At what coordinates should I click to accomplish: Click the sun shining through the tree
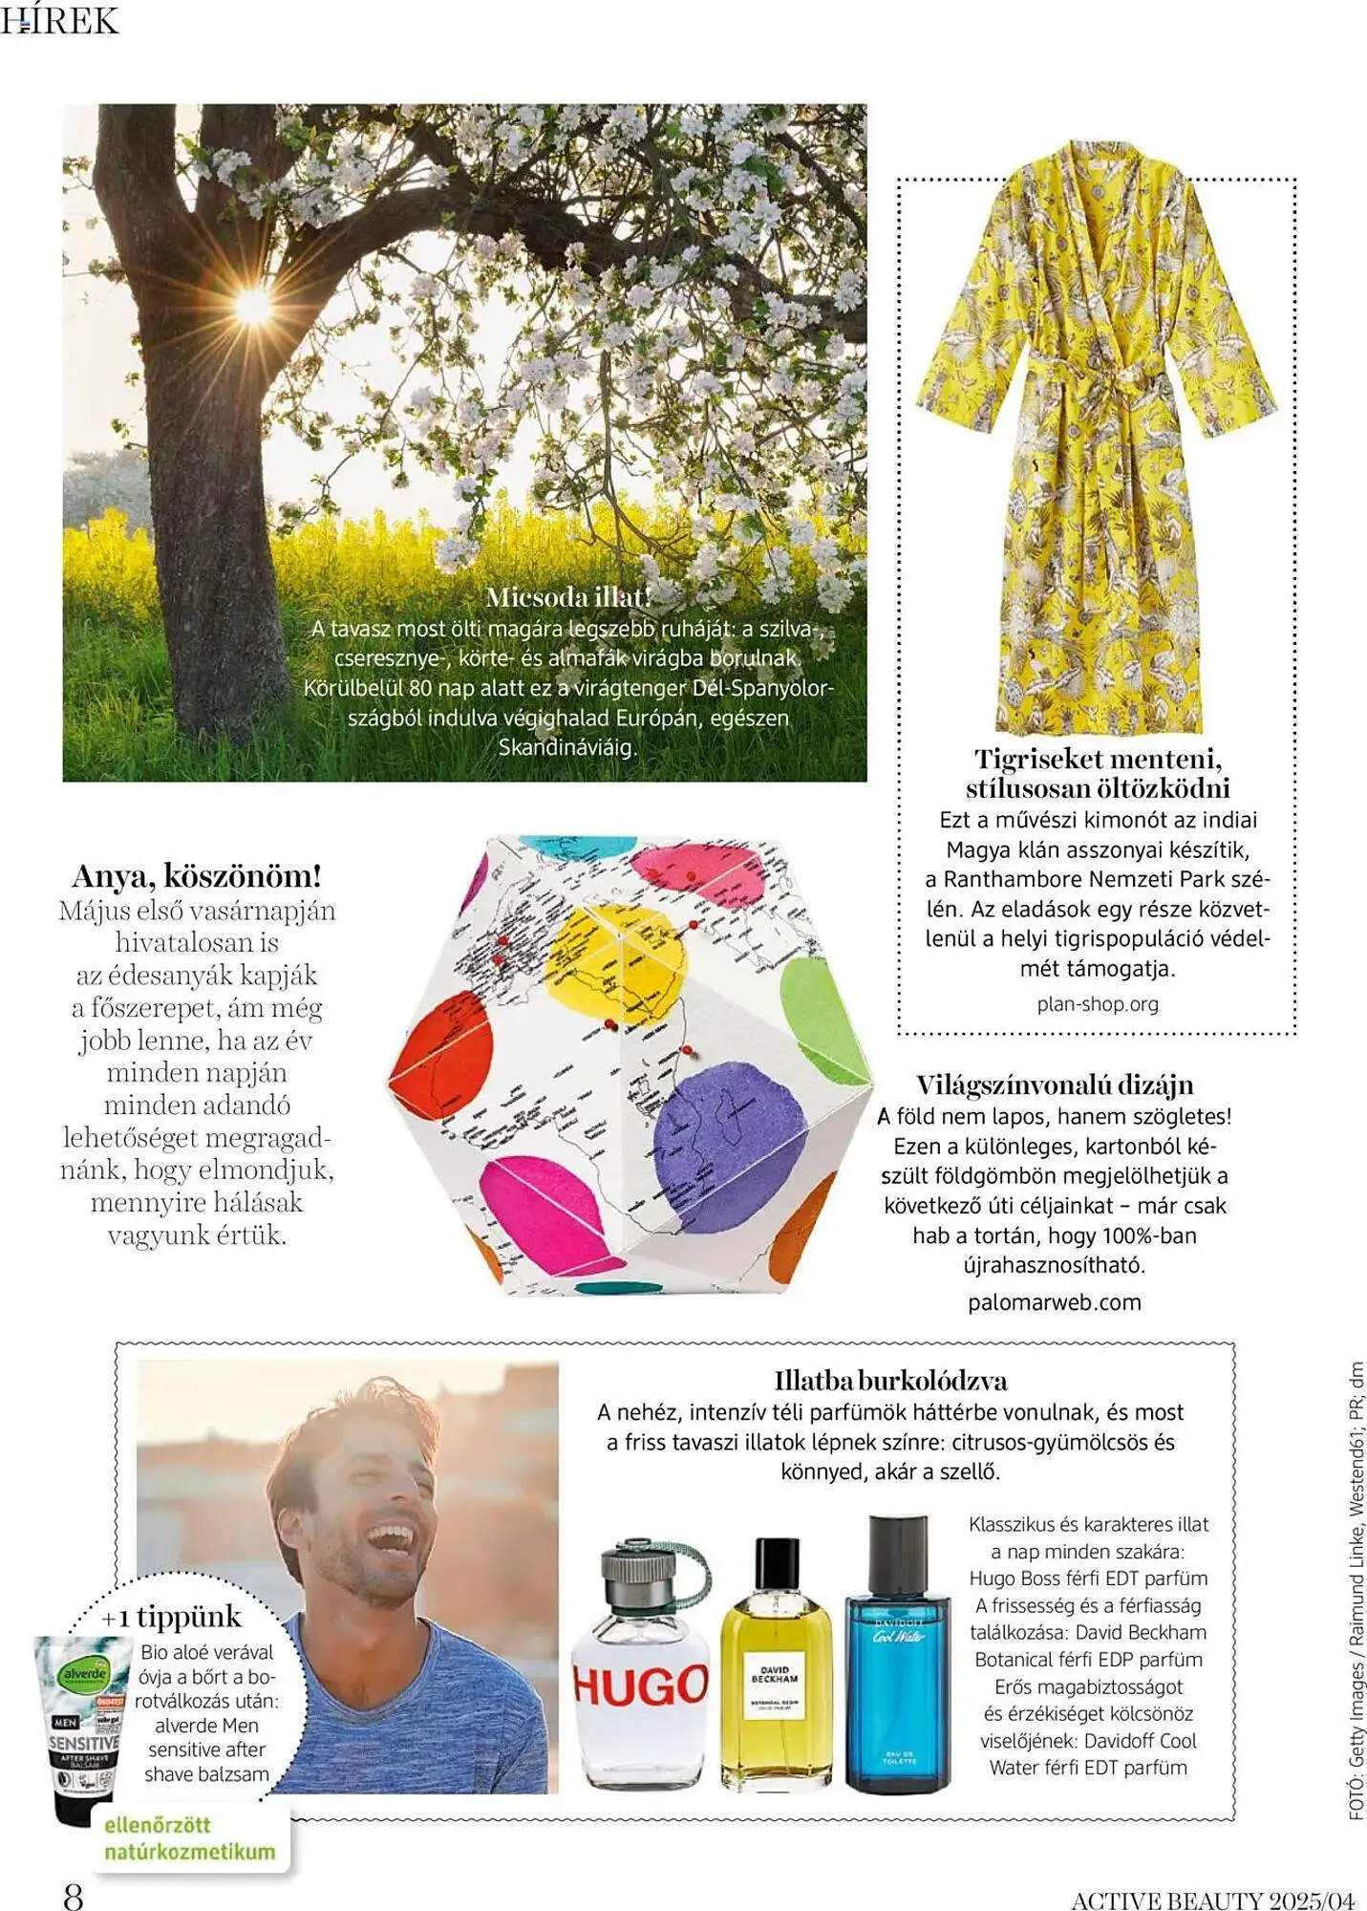point(253,305)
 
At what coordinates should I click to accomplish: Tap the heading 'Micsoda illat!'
point(568,597)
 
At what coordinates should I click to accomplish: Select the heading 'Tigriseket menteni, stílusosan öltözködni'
point(1098,774)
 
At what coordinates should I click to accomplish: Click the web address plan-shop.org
point(1098,1004)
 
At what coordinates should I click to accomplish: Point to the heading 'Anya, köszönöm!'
point(197,875)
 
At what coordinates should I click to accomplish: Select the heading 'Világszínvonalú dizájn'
point(1055,1085)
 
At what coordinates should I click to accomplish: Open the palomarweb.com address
point(1055,1302)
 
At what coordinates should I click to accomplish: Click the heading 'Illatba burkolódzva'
point(890,1381)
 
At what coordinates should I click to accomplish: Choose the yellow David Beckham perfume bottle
point(775,1668)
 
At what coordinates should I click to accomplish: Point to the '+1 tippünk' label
point(172,1617)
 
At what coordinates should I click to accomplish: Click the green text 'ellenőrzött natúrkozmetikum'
point(189,1838)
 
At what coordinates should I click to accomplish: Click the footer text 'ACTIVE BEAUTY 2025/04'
point(1212,1900)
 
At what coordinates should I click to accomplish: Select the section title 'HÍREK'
point(59,21)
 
